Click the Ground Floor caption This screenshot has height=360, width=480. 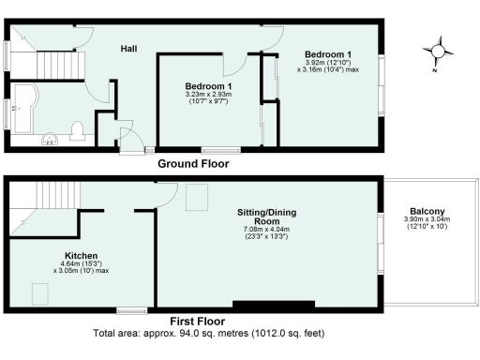(x=193, y=163)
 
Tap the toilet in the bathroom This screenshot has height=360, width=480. (x=81, y=129)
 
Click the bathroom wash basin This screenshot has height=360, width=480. (x=52, y=140)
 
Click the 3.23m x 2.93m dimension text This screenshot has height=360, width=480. (x=209, y=95)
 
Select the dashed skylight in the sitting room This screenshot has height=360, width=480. (x=198, y=197)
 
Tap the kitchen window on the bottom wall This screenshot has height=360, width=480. (x=131, y=309)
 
